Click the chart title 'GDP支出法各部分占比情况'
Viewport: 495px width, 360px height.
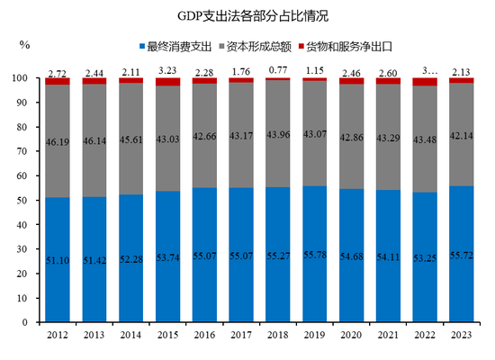[247, 16]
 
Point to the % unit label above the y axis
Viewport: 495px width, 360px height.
[24, 43]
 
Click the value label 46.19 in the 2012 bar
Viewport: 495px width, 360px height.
[58, 142]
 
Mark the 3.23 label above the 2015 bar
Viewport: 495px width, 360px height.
[168, 69]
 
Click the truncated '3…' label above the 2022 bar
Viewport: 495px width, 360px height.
[425, 69]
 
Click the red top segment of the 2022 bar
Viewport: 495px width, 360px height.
[425, 82]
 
